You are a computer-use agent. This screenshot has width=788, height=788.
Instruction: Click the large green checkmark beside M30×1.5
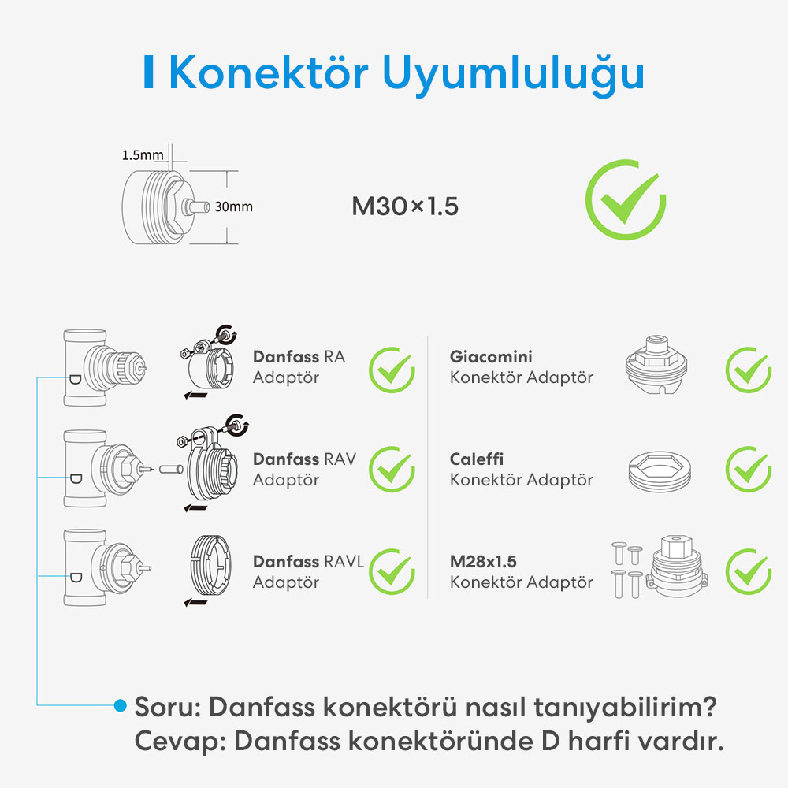(625, 200)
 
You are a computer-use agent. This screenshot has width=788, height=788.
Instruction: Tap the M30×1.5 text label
(405, 206)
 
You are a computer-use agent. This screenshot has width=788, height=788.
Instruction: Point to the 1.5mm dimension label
(143, 154)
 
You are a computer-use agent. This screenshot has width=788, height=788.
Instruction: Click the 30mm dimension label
(234, 206)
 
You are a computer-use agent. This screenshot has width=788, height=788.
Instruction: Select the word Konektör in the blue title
(269, 72)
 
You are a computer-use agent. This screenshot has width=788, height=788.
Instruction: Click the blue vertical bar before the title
(148, 72)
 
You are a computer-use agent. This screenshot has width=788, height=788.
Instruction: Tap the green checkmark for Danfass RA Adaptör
(392, 370)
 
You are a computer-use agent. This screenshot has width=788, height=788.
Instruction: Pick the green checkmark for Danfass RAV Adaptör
(392, 470)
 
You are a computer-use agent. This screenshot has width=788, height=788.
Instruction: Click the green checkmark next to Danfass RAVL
(392, 572)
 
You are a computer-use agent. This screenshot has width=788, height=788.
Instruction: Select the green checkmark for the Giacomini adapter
(749, 370)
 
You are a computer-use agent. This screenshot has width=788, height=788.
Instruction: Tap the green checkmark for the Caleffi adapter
(749, 470)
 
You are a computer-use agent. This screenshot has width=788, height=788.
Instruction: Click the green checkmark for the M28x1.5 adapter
(749, 572)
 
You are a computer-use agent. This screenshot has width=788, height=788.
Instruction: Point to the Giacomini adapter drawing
(656, 364)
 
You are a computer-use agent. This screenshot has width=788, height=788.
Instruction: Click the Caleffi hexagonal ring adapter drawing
(660, 471)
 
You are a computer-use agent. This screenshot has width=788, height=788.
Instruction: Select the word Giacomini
(491, 357)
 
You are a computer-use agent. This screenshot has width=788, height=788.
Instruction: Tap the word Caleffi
(477, 459)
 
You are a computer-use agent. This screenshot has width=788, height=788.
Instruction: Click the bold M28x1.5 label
(483, 561)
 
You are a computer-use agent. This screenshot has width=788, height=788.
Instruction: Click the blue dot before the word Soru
(120, 705)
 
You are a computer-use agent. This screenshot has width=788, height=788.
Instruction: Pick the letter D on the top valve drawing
(75, 380)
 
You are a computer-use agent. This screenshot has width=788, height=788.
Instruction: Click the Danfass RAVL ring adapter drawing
(210, 566)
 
